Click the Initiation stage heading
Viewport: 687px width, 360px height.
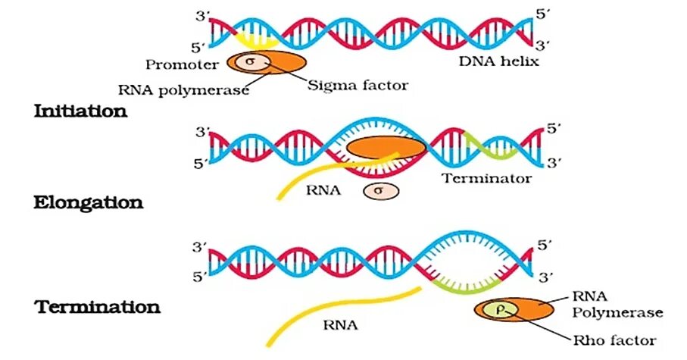pos(80,111)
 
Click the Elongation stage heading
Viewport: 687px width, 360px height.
pos(88,203)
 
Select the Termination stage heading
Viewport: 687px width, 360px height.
pos(97,307)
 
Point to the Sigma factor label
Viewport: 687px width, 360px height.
pos(358,86)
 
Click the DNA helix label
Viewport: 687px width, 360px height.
pos(498,61)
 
